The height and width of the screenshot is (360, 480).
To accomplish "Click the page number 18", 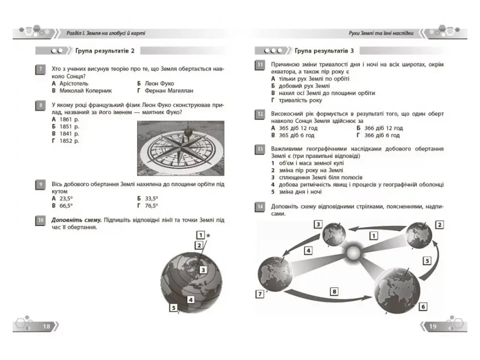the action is (46, 326).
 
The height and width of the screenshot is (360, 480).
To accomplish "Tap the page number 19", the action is (433, 326).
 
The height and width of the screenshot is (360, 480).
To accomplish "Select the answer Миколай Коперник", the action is (85, 90).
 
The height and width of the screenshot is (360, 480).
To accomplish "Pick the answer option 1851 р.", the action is (69, 127).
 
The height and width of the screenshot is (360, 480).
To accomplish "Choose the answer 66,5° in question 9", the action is (66, 206).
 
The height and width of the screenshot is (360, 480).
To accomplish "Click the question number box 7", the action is (41, 69).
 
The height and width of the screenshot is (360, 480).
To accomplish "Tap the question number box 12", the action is (260, 114).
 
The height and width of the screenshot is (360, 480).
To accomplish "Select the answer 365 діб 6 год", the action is (296, 135).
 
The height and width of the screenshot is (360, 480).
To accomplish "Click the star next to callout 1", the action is (208, 235).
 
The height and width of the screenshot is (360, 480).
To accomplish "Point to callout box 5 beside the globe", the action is (173, 307).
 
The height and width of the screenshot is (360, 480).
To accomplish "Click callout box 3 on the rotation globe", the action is (203, 270).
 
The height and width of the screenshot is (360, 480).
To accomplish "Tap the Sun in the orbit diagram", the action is (353, 253).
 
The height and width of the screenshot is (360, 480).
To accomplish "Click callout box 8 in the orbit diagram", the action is (334, 292).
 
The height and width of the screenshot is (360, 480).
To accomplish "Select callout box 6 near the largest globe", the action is (423, 307).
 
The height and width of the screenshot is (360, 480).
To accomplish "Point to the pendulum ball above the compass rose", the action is (188, 132).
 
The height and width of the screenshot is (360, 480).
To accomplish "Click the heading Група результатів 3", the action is (324, 51).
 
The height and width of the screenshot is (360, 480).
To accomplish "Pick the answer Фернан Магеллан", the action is (169, 90).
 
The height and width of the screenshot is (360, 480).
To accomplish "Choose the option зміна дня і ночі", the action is (300, 192).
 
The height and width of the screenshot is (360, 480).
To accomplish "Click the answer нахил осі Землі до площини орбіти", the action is (327, 93).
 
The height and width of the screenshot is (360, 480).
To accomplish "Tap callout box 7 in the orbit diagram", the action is (260, 294).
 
